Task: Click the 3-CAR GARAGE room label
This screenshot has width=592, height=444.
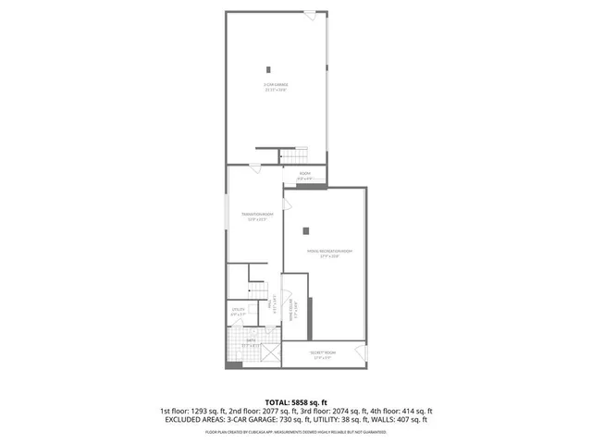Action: [x=277, y=87]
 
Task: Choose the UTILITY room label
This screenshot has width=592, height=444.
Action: [x=239, y=312]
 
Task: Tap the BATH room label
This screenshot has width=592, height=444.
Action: [x=250, y=342]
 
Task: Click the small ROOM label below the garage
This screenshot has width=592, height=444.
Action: [x=304, y=175]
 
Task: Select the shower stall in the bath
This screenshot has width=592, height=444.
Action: [x=271, y=352]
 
